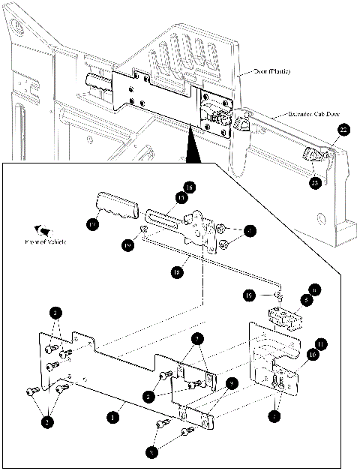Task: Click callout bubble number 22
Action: click(x=343, y=130)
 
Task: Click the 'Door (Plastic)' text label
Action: click(x=270, y=72)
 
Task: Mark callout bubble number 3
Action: click(x=154, y=452)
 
